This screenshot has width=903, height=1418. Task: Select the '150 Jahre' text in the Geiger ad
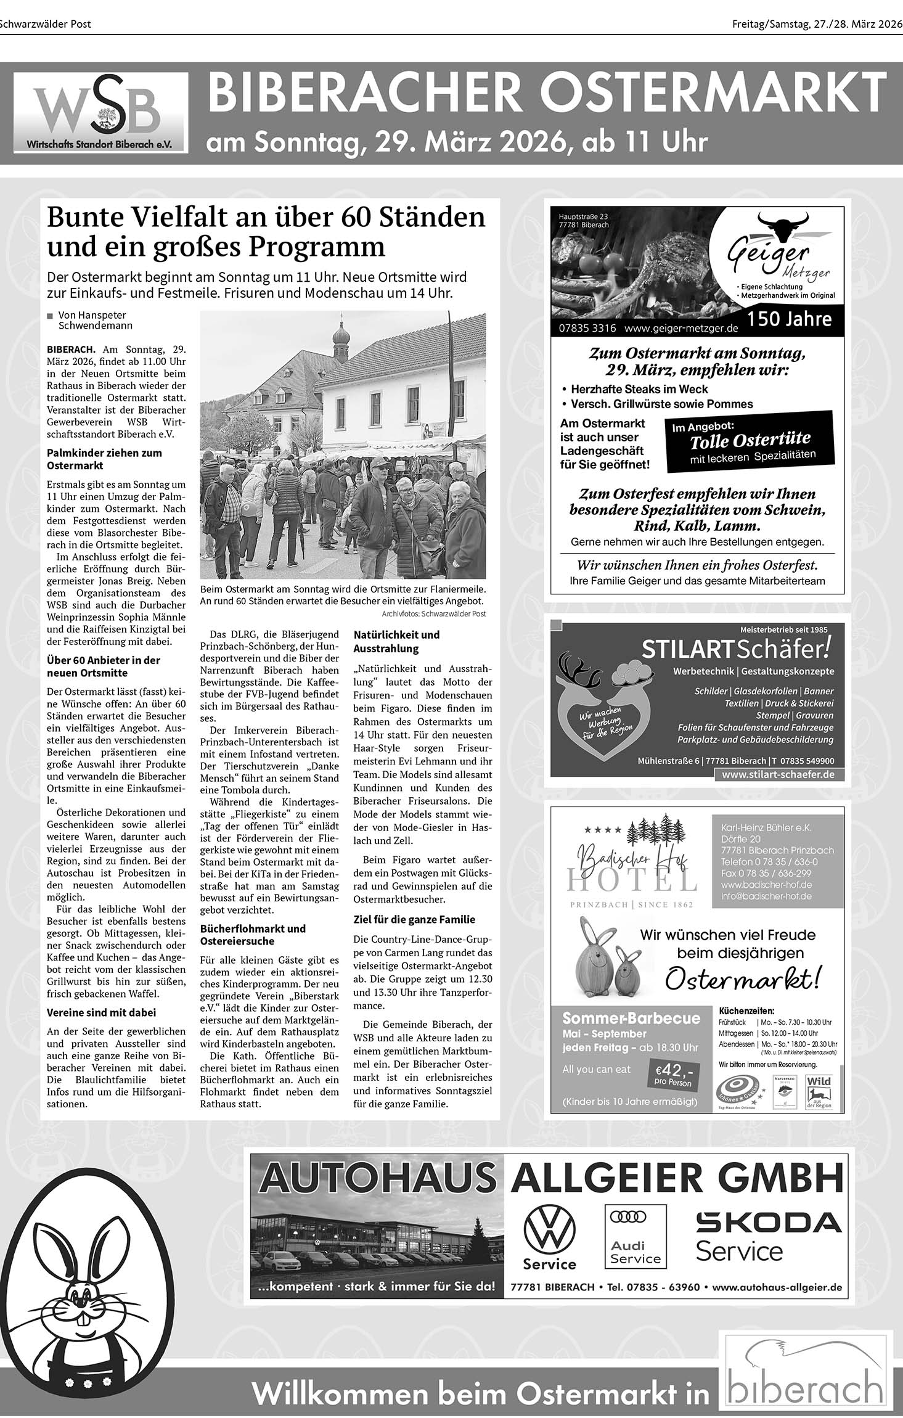pyautogui.click(x=790, y=319)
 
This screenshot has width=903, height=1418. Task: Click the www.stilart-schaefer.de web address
pyautogui.click(x=778, y=774)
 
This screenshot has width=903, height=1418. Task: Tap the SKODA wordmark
pyautogui.click(x=769, y=1221)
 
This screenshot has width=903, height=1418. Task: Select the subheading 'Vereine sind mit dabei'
pyautogui.click(x=101, y=1012)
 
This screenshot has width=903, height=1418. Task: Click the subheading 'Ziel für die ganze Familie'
pyautogui.click(x=414, y=919)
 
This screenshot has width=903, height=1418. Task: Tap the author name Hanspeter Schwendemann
pyautogui.click(x=95, y=320)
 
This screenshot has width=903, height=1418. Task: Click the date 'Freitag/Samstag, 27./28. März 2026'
pyautogui.click(x=817, y=24)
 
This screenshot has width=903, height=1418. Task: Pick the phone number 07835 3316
pyautogui.click(x=587, y=329)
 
